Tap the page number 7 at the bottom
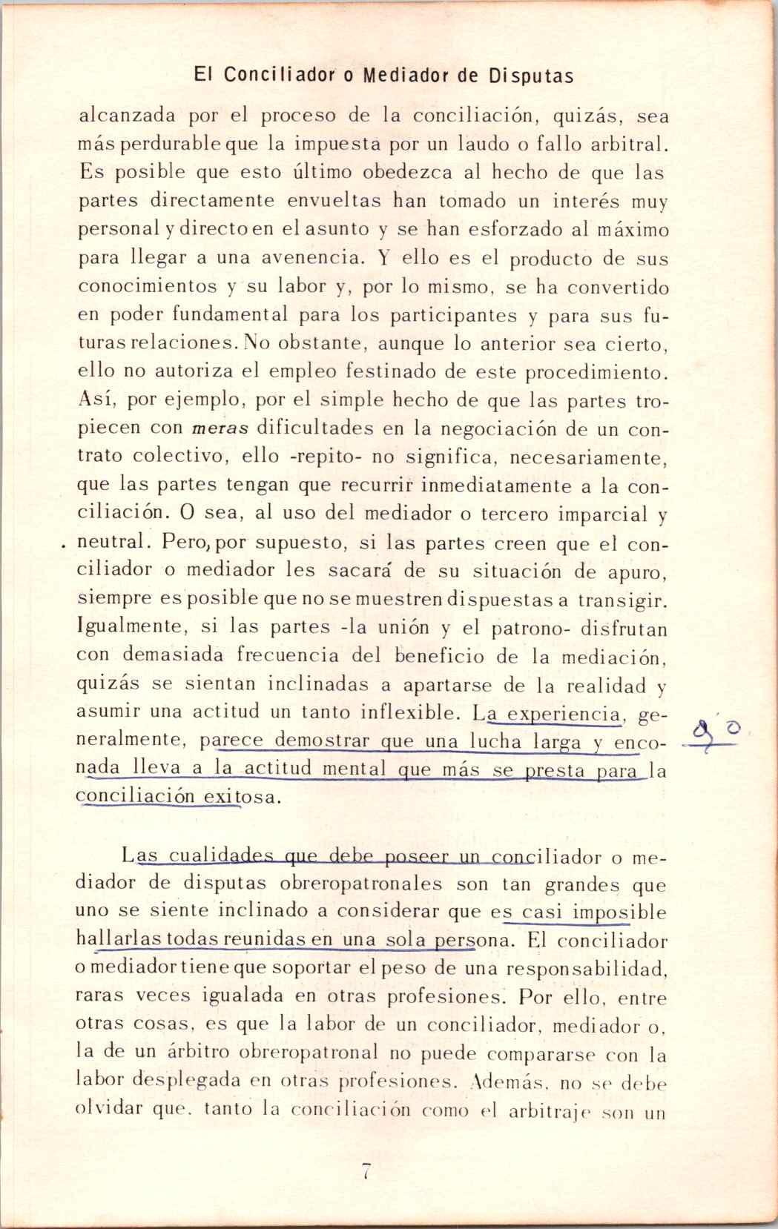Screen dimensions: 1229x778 click(366, 1172)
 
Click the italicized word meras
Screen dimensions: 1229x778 click(220, 429)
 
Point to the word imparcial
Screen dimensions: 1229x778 click(604, 514)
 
